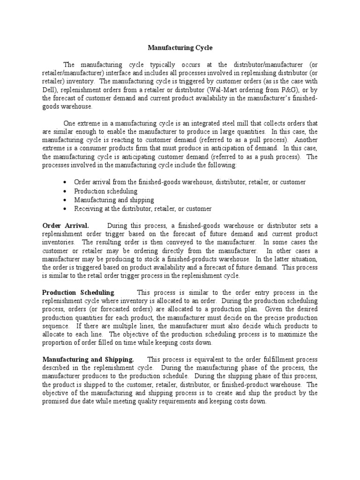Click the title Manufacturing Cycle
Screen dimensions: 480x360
pyautogui.click(x=180, y=47)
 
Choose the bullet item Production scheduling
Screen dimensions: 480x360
pyautogui.click(x=105, y=191)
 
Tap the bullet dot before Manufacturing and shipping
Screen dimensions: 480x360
pyautogui.click(x=64, y=200)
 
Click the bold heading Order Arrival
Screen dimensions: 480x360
pyautogui.click(x=66, y=225)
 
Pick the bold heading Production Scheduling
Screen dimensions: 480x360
pyautogui.click(x=78, y=292)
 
